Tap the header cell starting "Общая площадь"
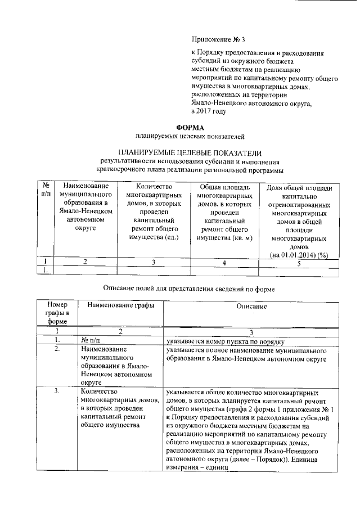point(224,187)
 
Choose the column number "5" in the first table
point(300,262)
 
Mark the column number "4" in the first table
point(224,262)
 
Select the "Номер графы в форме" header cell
point(57,313)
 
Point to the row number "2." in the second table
point(56,350)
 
